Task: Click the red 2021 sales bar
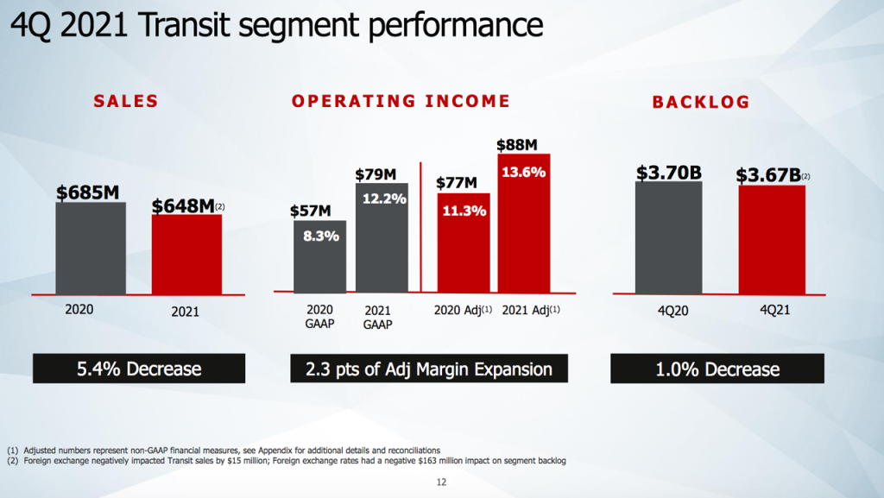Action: pos(186,255)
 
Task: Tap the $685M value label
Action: pos(88,192)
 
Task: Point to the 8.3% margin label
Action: pos(319,235)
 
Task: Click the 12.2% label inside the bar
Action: pos(382,198)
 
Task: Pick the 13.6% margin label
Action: pos(524,172)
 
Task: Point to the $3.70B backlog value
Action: pos(668,173)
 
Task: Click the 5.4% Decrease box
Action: pos(139,369)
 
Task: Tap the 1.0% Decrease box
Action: pos(717,369)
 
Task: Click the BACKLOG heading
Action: pos(701,103)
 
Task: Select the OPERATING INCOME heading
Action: pos(401,102)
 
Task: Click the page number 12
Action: pos(441,482)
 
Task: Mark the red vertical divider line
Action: pos(420,226)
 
